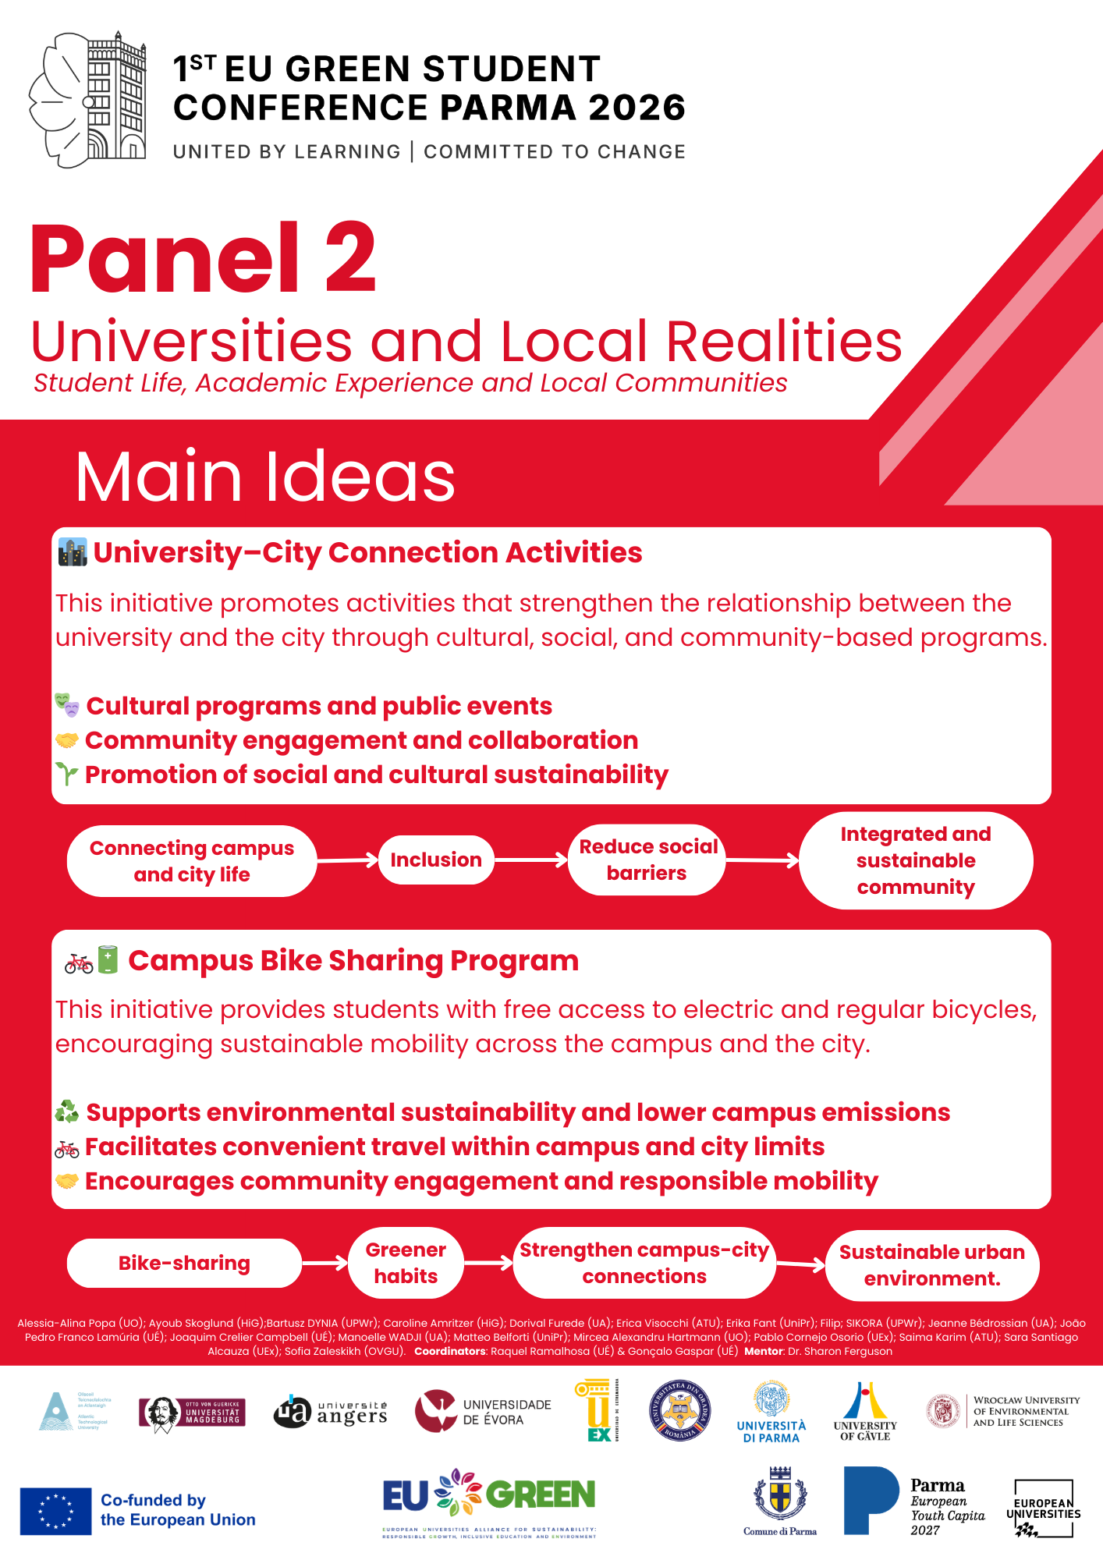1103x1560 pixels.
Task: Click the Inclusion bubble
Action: pyautogui.click(x=436, y=860)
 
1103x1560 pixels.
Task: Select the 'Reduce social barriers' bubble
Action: pyautogui.click(x=647, y=860)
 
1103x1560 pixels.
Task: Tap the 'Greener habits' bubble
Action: pyautogui.click(x=406, y=1263)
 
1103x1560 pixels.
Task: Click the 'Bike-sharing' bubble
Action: pyautogui.click(x=184, y=1263)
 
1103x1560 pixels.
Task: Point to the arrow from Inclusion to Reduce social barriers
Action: pyautogui.click(x=531, y=860)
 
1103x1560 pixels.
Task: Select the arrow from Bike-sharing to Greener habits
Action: pyautogui.click(x=325, y=1263)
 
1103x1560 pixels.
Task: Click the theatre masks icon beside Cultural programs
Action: pyautogui.click(x=67, y=705)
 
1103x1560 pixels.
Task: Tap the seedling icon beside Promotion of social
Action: pyautogui.click(x=67, y=774)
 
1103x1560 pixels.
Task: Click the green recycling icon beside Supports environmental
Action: pyautogui.click(x=67, y=1111)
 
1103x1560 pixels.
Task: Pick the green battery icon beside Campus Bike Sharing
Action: pyautogui.click(x=108, y=960)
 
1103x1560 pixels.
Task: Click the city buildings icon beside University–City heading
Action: pyautogui.click(x=73, y=552)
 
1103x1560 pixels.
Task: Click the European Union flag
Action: pyautogui.click(x=55, y=1511)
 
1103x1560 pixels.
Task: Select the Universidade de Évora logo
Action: pyautogui.click(x=483, y=1411)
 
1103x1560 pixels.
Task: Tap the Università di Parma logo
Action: pyautogui.click(x=771, y=1411)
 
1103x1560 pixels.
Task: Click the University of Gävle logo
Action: pyautogui.click(x=865, y=1411)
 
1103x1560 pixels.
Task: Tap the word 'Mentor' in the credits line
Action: pyautogui.click(x=763, y=1351)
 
